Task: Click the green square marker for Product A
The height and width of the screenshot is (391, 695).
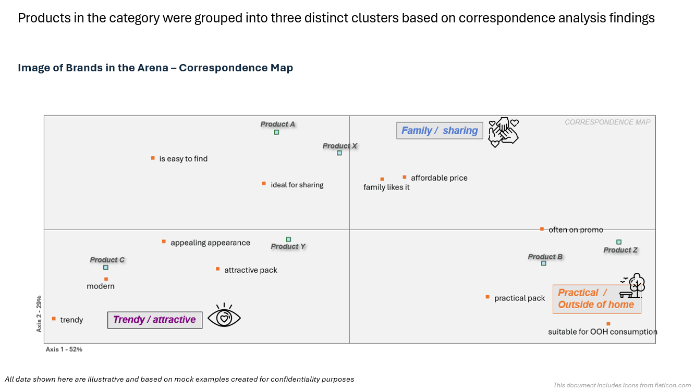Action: pyautogui.click(x=276, y=132)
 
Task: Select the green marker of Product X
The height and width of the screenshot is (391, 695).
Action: pyautogui.click(x=339, y=153)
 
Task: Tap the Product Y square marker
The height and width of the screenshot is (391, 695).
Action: pyautogui.click(x=288, y=239)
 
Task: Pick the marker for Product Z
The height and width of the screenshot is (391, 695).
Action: pyautogui.click(x=619, y=242)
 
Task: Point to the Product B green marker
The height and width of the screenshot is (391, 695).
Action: pyautogui.click(x=543, y=263)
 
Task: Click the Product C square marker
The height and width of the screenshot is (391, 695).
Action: pyautogui.click(x=105, y=268)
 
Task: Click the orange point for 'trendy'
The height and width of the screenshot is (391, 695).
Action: pyautogui.click(x=54, y=319)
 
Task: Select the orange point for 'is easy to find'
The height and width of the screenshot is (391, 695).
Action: pyautogui.click(x=153, y=158)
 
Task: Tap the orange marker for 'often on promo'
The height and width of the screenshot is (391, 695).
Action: pyautogui.click(x=542, y=229)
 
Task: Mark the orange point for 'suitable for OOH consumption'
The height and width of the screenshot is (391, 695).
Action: pyautogui.click(x=608, y=324)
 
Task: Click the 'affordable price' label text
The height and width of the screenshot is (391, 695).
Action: pyautogui.click(x=439, y=178)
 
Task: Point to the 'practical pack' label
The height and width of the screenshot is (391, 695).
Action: pyautogui.click(x=519, y=298)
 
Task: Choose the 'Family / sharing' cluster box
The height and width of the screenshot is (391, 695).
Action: pyautogui.click(x=440, y=131)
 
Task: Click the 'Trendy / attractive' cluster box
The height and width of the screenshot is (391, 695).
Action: pyautogui.click(x=154, y=320)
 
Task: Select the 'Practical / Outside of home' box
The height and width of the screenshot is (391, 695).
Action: pyautogui.click(x=596, y=299)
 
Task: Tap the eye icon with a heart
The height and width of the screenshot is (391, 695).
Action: pyautogui.click(x=224, y=317)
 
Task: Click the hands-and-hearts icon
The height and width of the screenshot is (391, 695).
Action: pyautogui.click(x=503, y=132)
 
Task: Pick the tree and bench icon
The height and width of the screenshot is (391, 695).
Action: pyautogui.click(x=633, y=286)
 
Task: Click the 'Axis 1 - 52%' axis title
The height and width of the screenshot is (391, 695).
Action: pyautogui.click(x=64, y=349)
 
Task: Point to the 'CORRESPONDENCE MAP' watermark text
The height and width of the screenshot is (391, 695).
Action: pyautogui.click(x=607, y=122)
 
